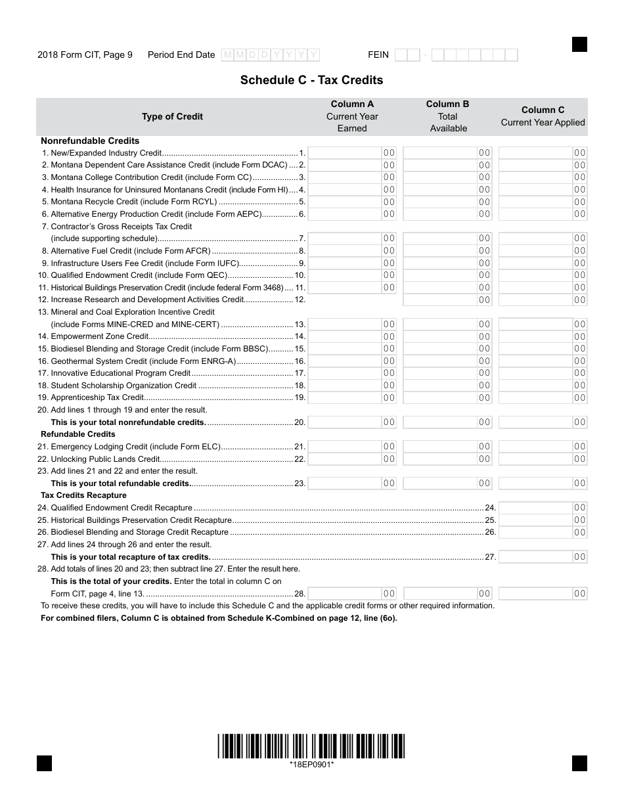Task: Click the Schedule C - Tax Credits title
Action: (x=311, y=80)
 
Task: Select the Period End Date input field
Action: (x=271, y=55)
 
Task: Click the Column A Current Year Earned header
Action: (x=352, y=116)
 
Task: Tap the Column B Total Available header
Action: (x=448, y=116)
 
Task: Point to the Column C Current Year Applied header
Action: (x=543, y=116)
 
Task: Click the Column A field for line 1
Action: (x=351, y=152)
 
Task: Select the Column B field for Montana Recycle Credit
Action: (x=447, y=202)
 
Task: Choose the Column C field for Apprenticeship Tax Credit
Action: (x=543, y=397)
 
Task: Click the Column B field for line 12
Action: (x=447, y=300)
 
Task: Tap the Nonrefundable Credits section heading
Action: (x=90, y=141)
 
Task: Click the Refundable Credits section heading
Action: (x=78, y=434)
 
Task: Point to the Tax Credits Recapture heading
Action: (x=83, y=495)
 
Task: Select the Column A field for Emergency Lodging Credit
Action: (x=351, y=447)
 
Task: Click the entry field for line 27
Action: (x=543, y=557)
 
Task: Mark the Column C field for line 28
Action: (x=543, y=594)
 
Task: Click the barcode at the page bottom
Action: (x=311, y=746)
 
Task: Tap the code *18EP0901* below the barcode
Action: (x=311, y=765)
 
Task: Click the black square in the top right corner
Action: (x=579, y=44)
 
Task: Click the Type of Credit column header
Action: (x=172, y=116)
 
